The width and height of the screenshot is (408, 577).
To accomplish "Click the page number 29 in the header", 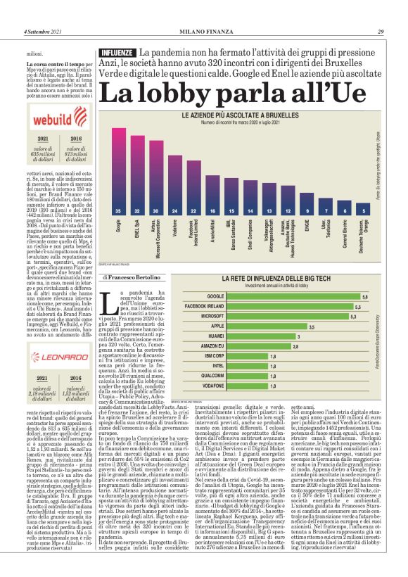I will (380, 31).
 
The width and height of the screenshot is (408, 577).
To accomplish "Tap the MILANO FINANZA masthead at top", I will (203, 31).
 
